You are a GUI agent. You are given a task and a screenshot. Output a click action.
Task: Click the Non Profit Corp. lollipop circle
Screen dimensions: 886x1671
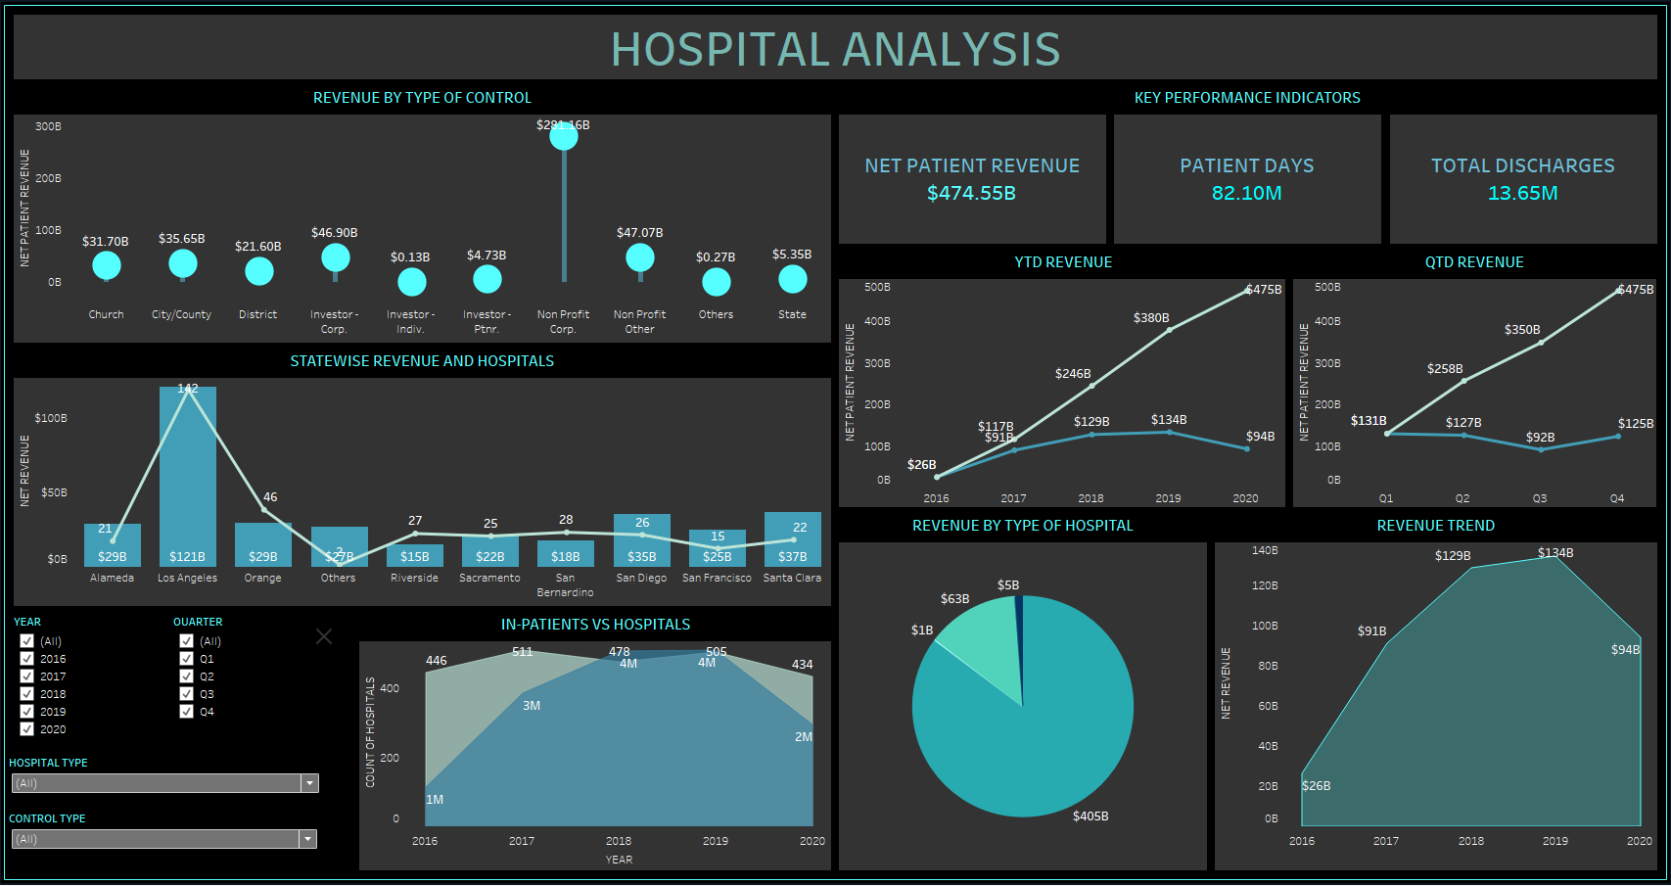point(564,137)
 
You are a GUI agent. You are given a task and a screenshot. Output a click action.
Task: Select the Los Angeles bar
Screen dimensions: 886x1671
point(188,480)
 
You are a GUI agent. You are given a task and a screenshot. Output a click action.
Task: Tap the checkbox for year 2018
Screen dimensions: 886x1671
point(27,694)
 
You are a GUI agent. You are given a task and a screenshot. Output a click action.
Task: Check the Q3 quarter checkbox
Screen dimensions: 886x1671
point(187,694)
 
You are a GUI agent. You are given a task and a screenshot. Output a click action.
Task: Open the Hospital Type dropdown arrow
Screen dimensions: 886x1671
point(309,783)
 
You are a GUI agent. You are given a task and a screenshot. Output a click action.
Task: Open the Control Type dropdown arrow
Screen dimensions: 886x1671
point(308,839)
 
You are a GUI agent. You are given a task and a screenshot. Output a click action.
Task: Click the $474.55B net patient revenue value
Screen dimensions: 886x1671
point(971,193)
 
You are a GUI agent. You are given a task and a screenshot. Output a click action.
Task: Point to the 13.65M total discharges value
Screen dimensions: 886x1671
point(1522,193)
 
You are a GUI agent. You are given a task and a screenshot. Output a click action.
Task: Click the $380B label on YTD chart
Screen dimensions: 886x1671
point(1151,318)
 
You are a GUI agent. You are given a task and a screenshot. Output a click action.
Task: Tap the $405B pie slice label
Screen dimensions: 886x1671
point(1091,816)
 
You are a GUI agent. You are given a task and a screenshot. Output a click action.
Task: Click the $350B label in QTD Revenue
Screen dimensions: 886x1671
point(1522,330)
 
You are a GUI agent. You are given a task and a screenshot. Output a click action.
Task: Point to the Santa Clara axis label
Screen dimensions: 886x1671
point(792,579)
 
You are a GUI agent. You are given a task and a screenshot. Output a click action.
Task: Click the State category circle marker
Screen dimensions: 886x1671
point(792,280)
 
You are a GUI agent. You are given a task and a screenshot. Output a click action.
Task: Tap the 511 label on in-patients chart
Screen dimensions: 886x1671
point(523,652)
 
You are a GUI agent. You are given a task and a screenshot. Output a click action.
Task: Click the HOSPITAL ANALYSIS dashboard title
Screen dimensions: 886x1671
point(835,49)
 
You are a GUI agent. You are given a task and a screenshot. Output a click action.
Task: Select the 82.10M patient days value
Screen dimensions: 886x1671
point(1246,193)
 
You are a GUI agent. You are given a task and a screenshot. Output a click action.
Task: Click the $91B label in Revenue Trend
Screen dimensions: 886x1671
point(1371,631)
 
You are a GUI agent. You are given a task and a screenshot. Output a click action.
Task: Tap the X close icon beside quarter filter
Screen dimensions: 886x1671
point(324,636)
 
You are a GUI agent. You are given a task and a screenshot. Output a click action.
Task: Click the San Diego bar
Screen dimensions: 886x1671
point(641,540)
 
